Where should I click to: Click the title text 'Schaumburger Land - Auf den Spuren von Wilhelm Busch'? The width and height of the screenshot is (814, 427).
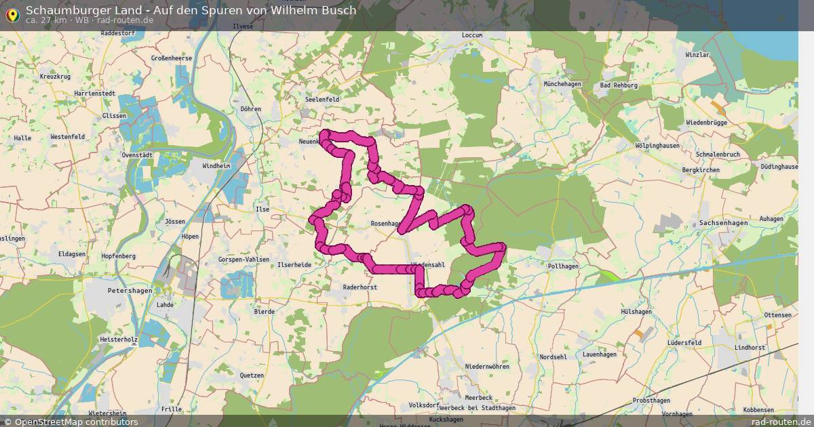[191, 10]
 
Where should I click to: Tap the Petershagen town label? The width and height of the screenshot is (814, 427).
[127, 289]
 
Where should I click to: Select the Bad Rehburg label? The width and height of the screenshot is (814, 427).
[619, 85]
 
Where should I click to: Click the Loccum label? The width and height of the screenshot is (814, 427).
[471, 35]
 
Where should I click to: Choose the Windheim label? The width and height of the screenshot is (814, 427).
[216, 165]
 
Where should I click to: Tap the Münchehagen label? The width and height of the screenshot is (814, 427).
[562, 83]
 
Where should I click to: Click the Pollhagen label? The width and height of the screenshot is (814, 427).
[563, 266]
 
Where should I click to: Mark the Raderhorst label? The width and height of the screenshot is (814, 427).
[360, 287]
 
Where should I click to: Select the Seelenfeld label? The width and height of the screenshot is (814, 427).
[322, 99]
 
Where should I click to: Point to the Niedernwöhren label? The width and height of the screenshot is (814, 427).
[487, 366]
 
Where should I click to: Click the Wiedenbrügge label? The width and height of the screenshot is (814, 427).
[706, 123]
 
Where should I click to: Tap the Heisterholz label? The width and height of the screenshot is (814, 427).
[118, 338]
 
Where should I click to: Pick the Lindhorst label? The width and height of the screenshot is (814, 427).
[750, 347]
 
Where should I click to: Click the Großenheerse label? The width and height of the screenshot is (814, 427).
[172, 58]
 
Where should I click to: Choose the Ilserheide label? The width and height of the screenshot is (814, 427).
[294, 264]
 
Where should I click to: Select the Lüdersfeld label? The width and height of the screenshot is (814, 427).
[684, 343]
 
